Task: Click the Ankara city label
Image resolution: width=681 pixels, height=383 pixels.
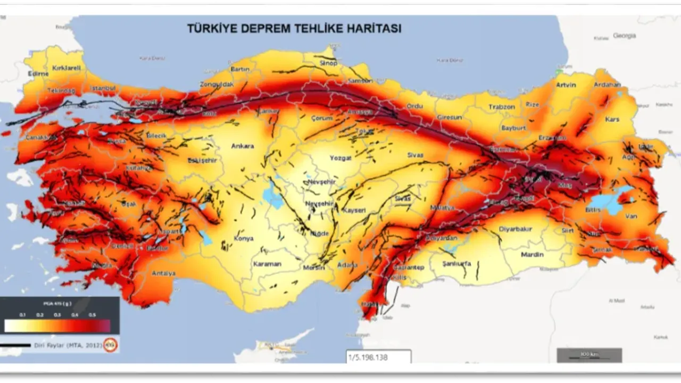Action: (x=242, y=146)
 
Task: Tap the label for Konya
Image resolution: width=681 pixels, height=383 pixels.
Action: (x=244, y=238)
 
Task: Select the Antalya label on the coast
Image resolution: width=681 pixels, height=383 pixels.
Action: (x=163, y=273)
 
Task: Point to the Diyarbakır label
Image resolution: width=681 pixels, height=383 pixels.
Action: (x=515, y=229)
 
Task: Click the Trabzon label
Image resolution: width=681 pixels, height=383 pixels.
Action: (x=502, y=107)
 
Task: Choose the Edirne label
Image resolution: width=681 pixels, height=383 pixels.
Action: (x=38, y=74)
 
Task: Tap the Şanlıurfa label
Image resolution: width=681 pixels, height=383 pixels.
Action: (x=456, y=263)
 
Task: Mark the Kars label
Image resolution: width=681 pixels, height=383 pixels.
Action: (x=612, y=119)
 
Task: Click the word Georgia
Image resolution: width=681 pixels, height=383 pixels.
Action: (x=624, y=36)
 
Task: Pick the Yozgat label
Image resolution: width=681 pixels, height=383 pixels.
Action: (x=340, y=158)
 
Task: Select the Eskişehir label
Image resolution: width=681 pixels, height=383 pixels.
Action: (x=202, y=160)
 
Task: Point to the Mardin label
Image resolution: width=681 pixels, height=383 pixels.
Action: (x=532, y=254)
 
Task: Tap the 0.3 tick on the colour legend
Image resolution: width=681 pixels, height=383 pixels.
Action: (x=57, y=315)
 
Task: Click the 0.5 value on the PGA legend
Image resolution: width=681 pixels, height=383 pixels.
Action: (x=92, y=315)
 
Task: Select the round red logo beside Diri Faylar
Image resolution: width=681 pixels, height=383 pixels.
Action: (x=110, y=345)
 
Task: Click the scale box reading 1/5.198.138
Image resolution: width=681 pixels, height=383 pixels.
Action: (x=378, y=357)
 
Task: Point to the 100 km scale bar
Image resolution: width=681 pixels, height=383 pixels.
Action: (x=589, y=355)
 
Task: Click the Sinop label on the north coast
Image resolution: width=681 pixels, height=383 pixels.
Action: (x=328, y=63)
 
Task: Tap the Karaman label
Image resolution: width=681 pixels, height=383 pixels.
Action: (x=267, y=264)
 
